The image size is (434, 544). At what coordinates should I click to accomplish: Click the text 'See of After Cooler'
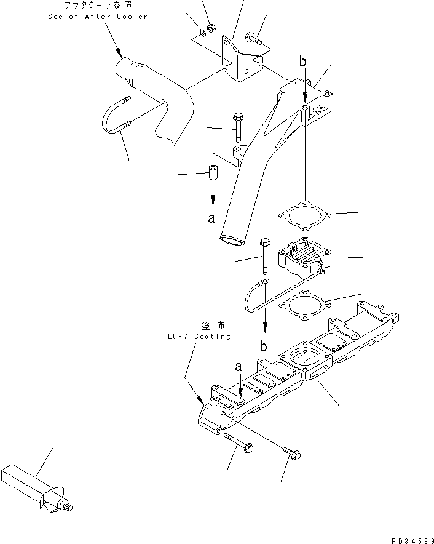[x=98, y=17]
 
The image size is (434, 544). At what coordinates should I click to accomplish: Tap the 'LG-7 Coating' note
[x=198, y=337]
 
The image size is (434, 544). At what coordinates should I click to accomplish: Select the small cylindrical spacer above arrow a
[x=213, y=174]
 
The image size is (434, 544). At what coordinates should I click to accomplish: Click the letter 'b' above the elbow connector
[x=302, y=61]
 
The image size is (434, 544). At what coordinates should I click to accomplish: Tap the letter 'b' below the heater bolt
[x=263, y=346]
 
